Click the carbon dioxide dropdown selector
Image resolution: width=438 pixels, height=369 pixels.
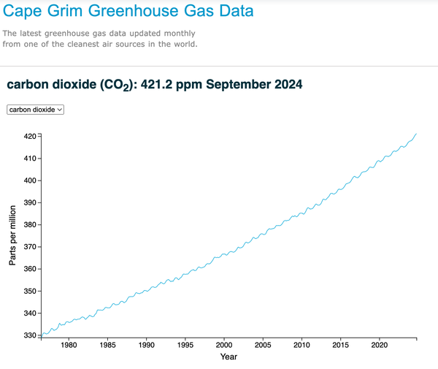click(x=36, y=109)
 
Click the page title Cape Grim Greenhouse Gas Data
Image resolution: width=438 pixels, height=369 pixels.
click(x=129, y=12)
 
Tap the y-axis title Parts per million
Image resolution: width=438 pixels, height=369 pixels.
click(x=13, y=235)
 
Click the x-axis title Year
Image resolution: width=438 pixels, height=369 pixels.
click(x=228, y=357)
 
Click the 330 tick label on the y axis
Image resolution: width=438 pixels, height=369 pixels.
click(x=29, y=335)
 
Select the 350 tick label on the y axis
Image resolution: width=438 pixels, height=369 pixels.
click(x=29, y=291)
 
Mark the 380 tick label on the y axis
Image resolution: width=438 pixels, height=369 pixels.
click(x=29, y=224)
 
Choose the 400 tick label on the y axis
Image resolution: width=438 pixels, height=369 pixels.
click(x=29, y=180)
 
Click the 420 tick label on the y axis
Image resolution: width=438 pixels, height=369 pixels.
click(x=29, y=136)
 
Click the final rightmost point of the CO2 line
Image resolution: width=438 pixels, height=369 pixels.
click(x=416, y=134)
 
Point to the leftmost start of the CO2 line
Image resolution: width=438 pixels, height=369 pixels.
click(x=42, y=335)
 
